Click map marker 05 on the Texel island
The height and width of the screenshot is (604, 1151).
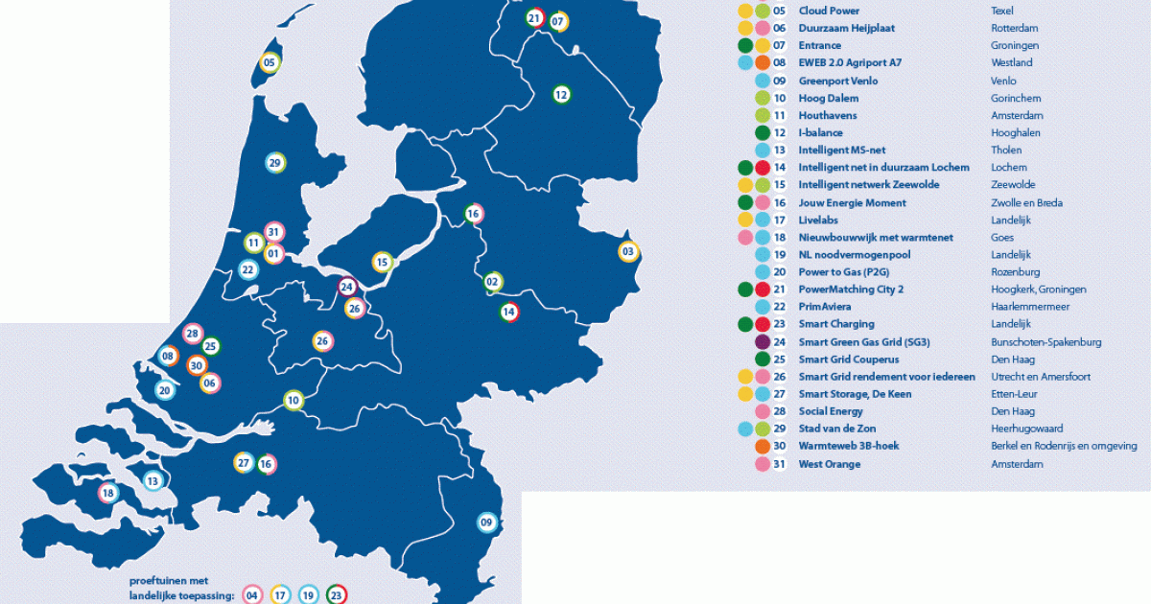(270, 63)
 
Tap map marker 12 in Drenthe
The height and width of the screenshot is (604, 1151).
(561, 94)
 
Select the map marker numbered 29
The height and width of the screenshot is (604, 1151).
(275, 163)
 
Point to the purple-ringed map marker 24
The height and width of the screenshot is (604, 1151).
(347, 286)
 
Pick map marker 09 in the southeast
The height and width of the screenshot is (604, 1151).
(487, 523)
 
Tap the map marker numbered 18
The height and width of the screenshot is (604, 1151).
(107, 494)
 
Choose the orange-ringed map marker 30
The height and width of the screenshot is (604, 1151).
(197, 365)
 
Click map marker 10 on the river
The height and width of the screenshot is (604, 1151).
(294, 400)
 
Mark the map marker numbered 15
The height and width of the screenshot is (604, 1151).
(383, 262)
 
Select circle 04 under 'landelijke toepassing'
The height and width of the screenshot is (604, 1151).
(252, 594)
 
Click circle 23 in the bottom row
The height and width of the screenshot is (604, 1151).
(336, 594)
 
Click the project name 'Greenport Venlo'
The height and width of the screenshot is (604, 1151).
(837, 81)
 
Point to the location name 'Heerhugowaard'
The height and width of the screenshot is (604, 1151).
(1026, 429)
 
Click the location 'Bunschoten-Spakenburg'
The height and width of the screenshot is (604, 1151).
(1045, 341)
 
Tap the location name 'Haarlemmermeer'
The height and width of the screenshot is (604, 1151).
(1029, 307)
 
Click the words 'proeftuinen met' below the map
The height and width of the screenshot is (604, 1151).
(169, 580)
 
